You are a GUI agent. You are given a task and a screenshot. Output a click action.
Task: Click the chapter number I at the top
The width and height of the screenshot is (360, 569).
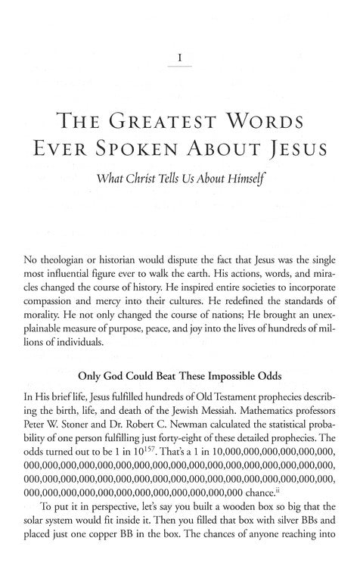point(180,56)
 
